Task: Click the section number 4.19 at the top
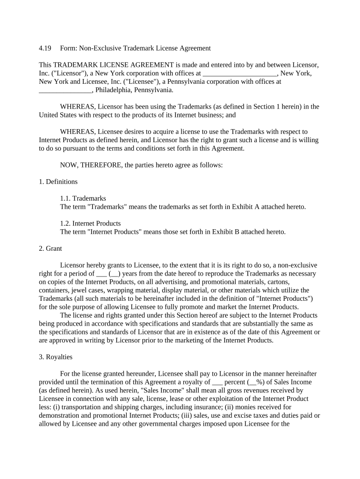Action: click(44, 48)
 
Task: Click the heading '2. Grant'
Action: click(50, 248)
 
